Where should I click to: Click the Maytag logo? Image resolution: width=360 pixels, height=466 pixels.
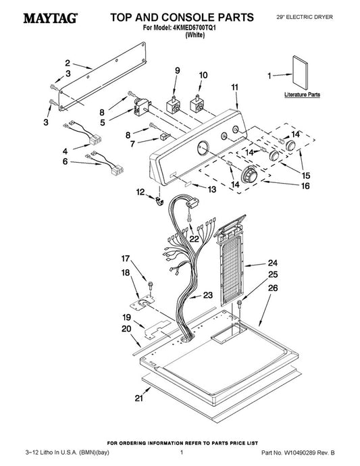(x=51, y=18)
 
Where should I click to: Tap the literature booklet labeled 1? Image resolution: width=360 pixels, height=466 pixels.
(x=300, y=72)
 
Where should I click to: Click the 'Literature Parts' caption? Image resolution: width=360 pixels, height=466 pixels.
(x=302, y=95)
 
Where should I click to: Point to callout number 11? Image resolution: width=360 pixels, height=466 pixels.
(x=235, y=87)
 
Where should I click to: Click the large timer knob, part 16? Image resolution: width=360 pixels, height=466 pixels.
(x=249, y=174)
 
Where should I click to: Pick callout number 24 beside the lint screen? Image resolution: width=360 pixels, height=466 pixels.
(x=273, y=263)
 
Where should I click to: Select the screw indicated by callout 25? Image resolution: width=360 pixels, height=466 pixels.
(x=239, y=303)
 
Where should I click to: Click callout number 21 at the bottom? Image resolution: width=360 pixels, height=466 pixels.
(x=139, y=398)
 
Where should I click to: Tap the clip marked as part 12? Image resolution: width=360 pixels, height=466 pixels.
(x=159, y=201)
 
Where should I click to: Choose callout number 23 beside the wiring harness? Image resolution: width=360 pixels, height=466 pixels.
(x=208, y=295)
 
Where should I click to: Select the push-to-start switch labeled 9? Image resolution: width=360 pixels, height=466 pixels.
(x=173, y=105)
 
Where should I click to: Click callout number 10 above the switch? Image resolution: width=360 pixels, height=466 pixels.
(x=203, y=75)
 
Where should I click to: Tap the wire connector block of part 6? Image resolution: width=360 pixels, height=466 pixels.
(x=117, y=170)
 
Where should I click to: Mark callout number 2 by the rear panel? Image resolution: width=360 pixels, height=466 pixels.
(x=68, y=63)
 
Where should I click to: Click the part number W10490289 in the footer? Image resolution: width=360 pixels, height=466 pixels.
(x=299, y=452)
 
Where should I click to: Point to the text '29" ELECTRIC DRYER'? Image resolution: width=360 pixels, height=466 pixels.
(x=305, y=18)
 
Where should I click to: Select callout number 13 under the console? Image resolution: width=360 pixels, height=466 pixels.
(x=211, y=189)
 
